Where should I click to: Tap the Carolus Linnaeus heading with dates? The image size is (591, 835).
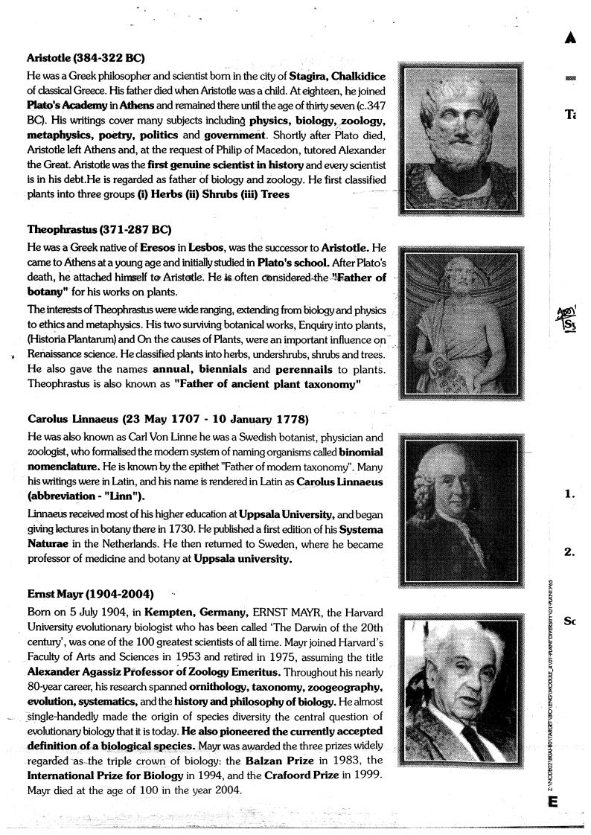point(167,419)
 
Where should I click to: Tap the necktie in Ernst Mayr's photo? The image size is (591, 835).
point(477,732)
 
